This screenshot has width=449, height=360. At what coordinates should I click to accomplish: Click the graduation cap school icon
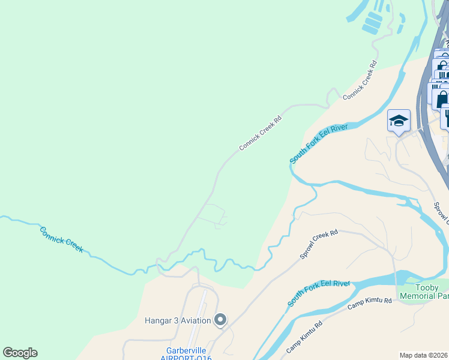coord(399,122)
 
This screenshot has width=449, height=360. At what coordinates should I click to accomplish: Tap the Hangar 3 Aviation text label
coord(178,320)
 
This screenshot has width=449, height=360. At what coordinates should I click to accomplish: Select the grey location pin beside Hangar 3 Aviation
coord(220,320)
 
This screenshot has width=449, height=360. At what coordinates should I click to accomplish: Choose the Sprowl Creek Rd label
coord(319,245)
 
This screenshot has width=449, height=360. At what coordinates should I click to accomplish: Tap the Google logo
coord(20,353)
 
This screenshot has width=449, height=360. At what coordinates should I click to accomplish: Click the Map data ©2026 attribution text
coord(423,354)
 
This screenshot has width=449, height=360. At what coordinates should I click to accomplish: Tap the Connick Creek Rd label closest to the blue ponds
coord(360,80)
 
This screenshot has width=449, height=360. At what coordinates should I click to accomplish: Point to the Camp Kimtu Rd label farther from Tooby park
coord(304,337)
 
